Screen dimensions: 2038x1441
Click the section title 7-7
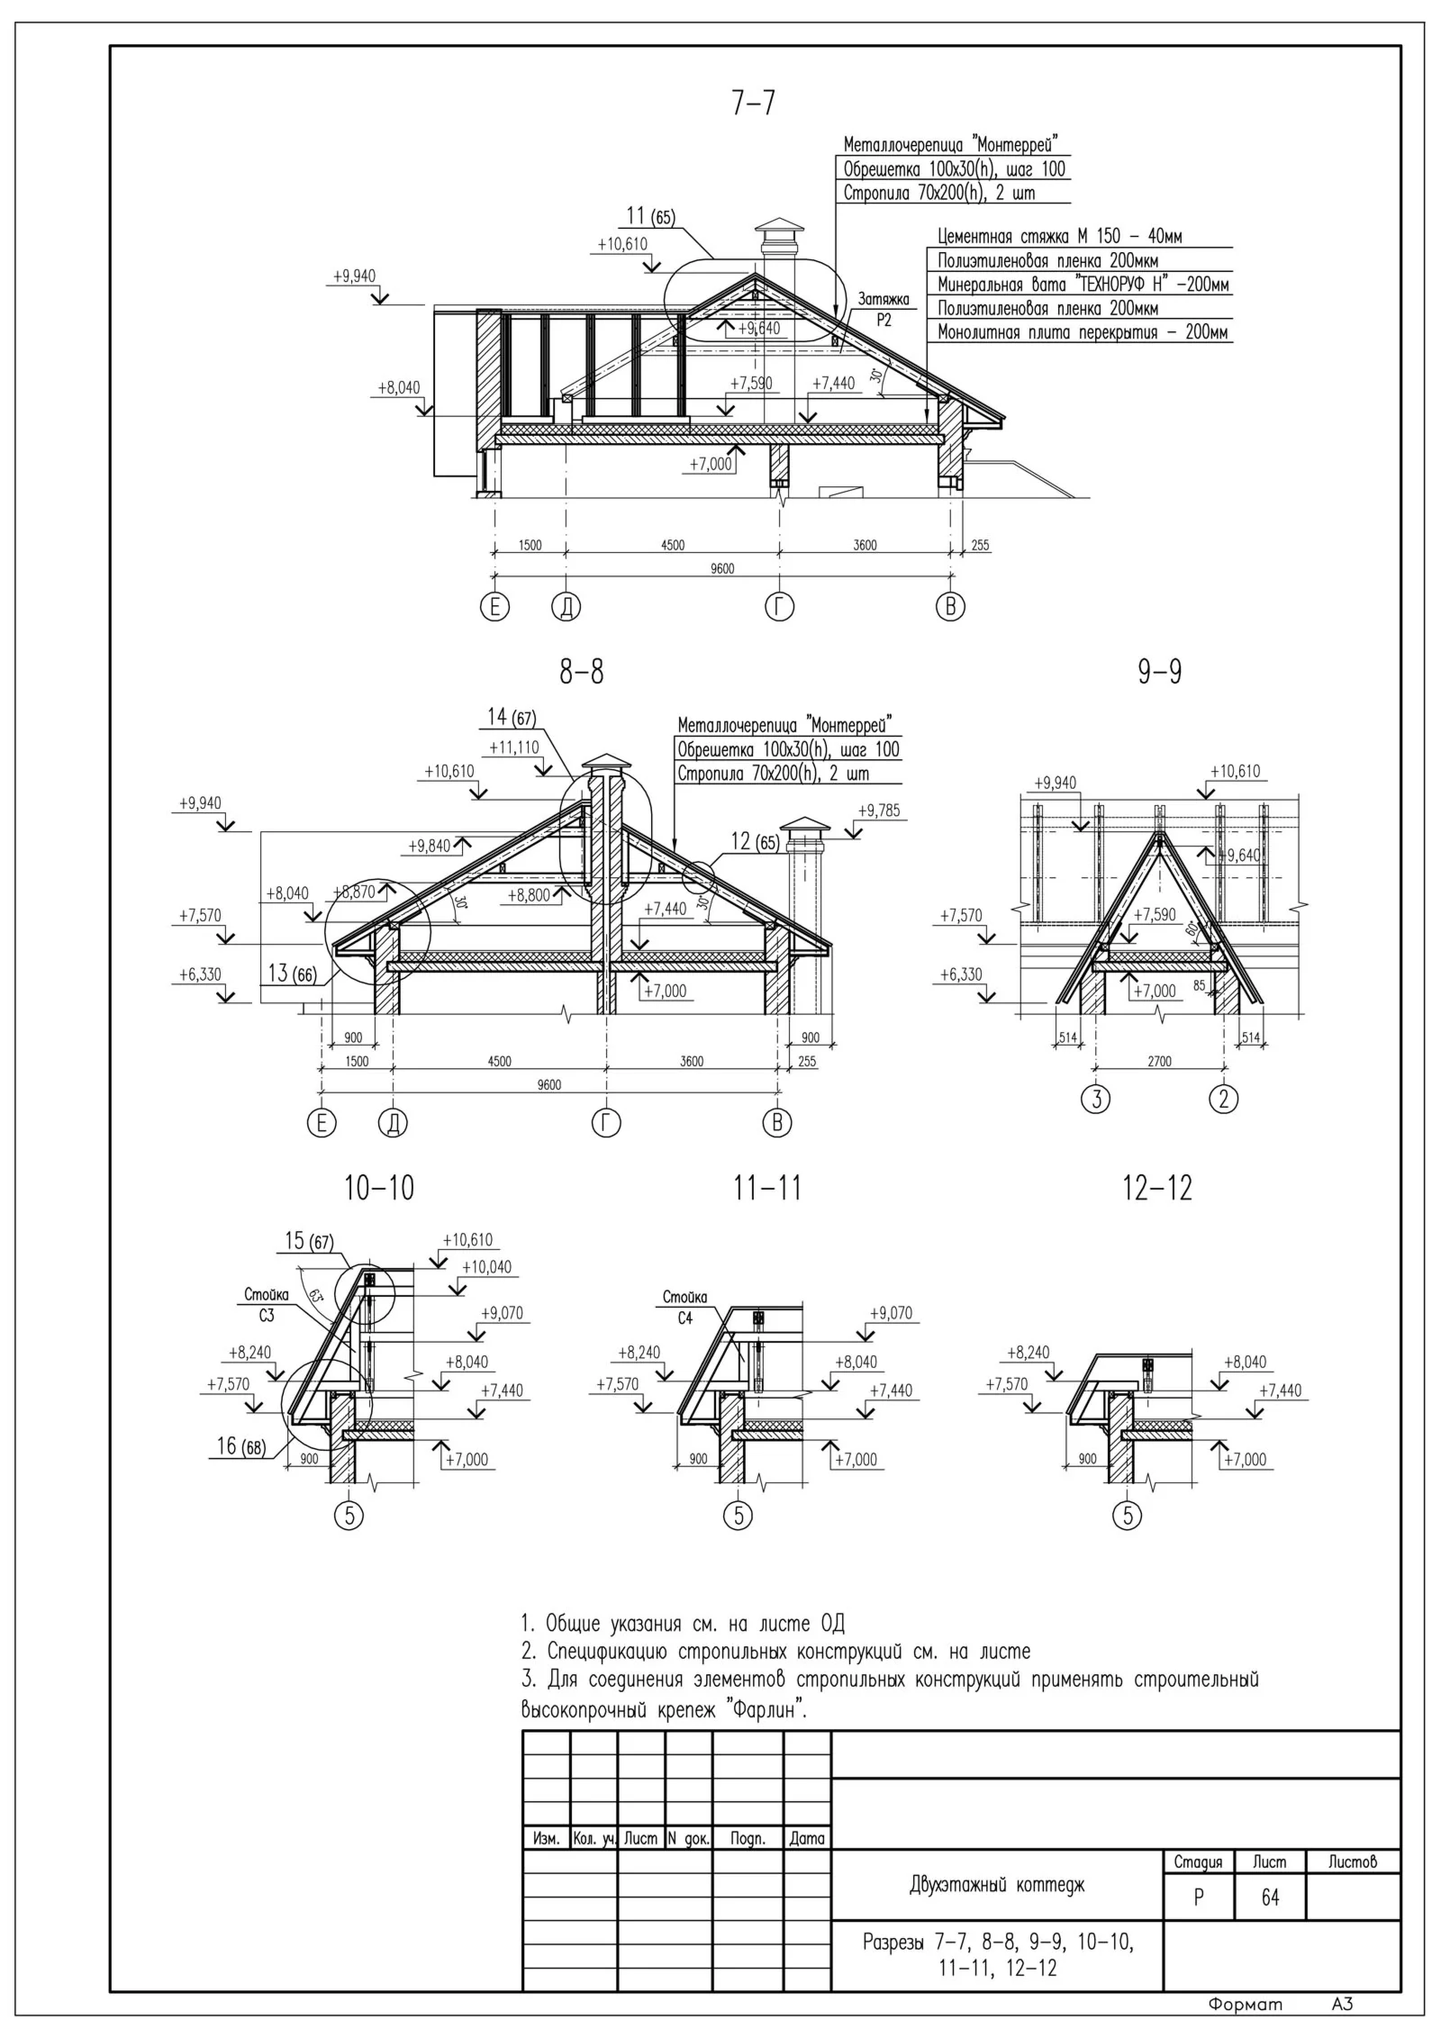point(753,104)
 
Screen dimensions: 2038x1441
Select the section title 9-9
point(1159,672)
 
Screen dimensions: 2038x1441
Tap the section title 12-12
point(1157,1188)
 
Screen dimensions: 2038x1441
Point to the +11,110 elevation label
point(514,747)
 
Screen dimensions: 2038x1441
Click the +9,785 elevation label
point(878,811)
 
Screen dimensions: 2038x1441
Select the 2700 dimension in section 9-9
point(1159,1062)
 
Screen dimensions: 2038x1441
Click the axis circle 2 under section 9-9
point(1223,1099)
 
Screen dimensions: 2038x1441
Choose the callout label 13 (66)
point(292,974)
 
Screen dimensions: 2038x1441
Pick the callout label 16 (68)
point(240,1445)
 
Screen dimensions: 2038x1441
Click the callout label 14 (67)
point(512,717)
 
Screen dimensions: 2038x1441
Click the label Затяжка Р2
point(883,309)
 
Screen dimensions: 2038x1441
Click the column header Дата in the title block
point(807,1839)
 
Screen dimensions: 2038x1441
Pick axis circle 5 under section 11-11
point(738,1517)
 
